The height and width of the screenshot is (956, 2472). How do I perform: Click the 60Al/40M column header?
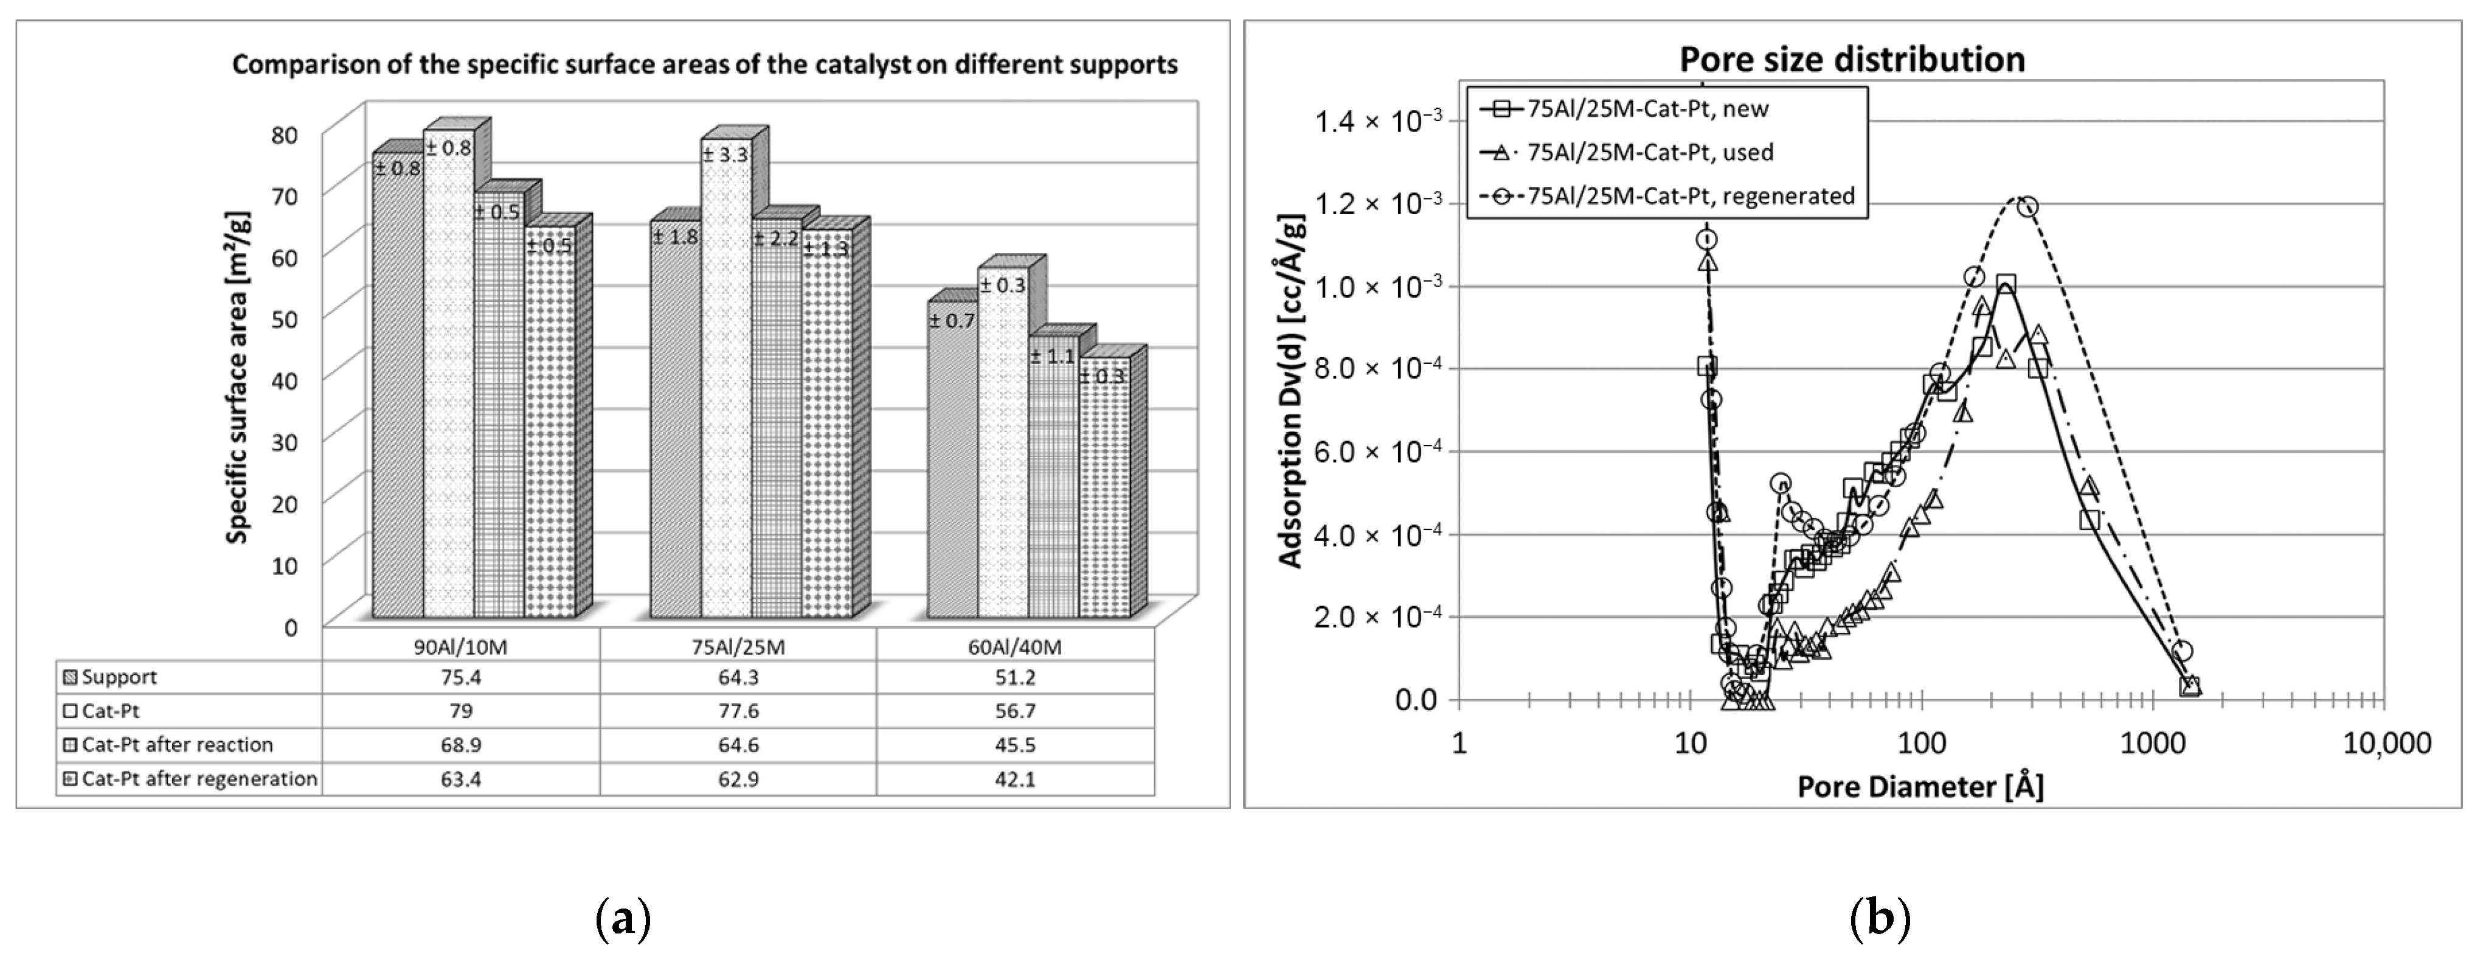click(1014, 647)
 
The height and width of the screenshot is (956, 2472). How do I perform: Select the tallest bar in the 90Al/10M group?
click(449, 374)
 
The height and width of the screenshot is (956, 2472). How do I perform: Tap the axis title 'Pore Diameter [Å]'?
click(1919, 787)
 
